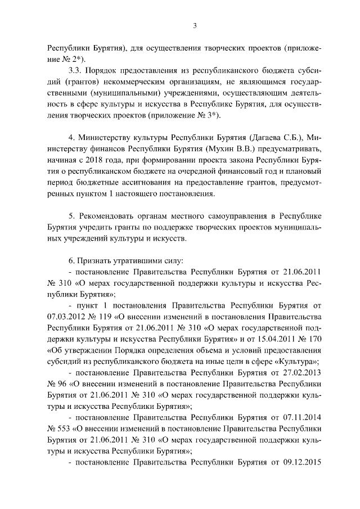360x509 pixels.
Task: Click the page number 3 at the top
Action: point(194,25)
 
